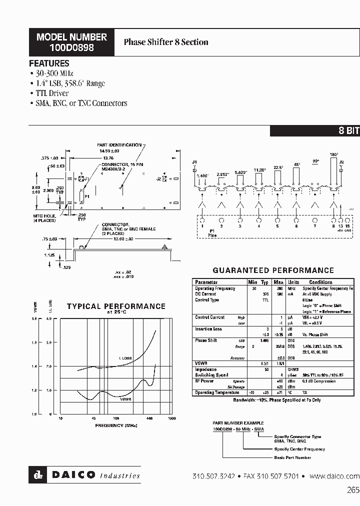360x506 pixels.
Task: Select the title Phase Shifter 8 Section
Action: coord(166,42)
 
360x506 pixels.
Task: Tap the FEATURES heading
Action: coord(49,63)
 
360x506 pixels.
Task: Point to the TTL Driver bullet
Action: coord(52,93)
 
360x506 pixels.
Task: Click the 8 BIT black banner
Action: coord(349,131)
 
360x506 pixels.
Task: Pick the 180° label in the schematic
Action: coord(334,154)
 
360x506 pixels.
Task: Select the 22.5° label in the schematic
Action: coord(278,167)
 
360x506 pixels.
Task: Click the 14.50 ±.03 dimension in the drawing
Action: coord(109,150)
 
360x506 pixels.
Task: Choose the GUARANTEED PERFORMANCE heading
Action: coord(273,270)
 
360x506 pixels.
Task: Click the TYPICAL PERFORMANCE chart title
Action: coord(116,306)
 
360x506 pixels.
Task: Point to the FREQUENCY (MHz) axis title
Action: coord(116,425)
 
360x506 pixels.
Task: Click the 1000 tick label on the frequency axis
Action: coord(171,418)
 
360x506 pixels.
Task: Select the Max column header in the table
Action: coord(278,282)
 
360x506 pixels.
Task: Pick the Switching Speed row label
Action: coord(211,375)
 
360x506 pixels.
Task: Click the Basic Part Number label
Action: coord(292,457)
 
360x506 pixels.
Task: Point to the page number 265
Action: coord(352,490)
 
